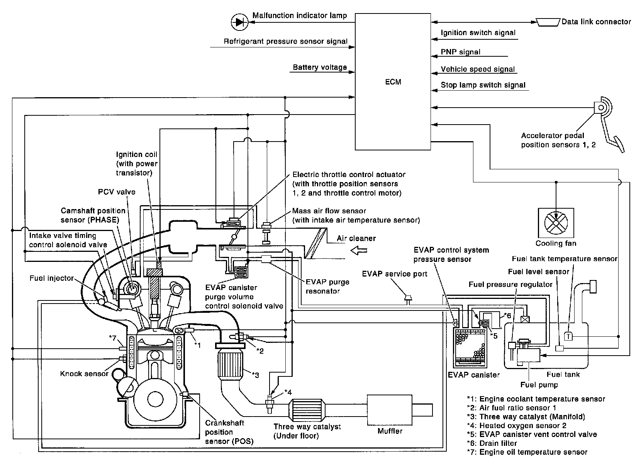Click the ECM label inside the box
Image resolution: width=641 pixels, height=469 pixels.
pos(393,82)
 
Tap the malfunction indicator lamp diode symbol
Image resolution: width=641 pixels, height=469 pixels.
pos(239,22)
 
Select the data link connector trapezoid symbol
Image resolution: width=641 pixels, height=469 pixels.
pos(548,22)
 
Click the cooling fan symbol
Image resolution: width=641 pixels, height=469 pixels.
pos(556,223)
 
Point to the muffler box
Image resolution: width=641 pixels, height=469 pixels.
pos(390,410)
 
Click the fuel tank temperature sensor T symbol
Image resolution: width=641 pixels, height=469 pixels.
pos(568,336)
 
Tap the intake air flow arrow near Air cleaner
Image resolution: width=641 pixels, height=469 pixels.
pos(359,251)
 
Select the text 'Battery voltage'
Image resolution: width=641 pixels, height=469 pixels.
pos(320,67)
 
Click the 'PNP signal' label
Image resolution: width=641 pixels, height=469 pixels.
pos(460,52)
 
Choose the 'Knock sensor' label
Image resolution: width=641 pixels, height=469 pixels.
pos(84,374)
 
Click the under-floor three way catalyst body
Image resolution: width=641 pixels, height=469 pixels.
pos(307,410)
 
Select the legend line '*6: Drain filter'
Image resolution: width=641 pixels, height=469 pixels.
pos(492,443)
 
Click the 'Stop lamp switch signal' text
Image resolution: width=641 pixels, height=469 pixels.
pos(483,85)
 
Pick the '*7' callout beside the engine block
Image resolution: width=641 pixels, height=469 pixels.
pos(113,338)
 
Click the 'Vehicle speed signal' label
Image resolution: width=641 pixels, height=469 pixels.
pos(478,69)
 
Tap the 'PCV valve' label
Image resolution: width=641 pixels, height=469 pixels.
pos(117,192)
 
